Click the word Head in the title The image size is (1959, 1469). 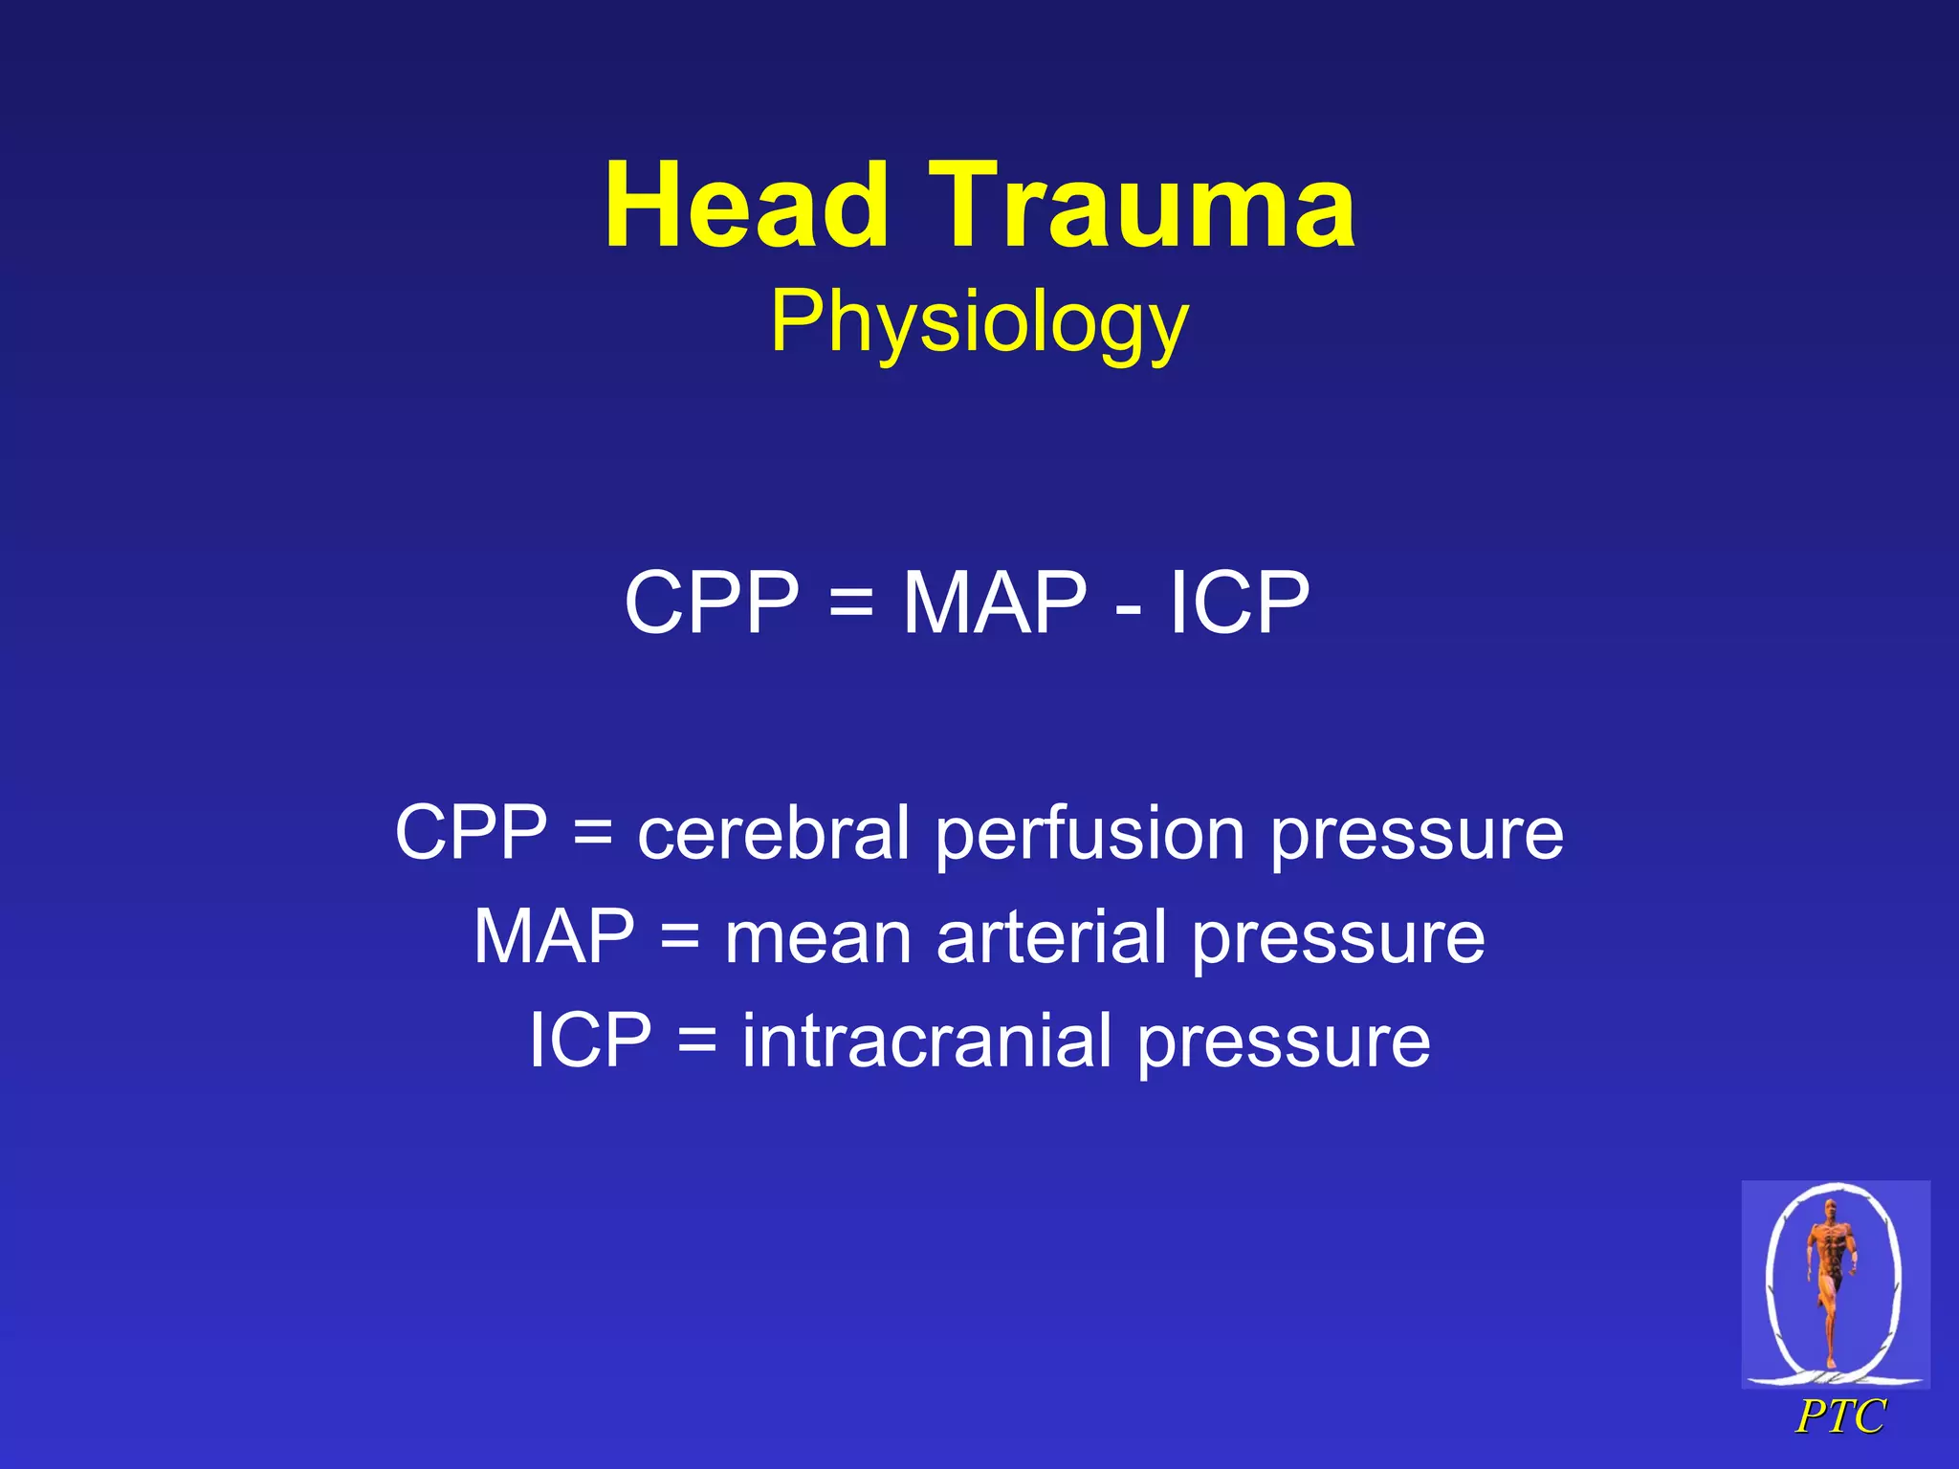pyautogui.click(x=747, y=206)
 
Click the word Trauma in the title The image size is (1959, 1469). pyautogui.click(x=1143, y=206)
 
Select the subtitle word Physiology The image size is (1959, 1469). pyautogui.click(x=979, y=323)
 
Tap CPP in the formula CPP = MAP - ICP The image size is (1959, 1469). pyautogui.click(x=712, y=603)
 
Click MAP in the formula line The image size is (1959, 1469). pyautogui.click(x=995, y=603)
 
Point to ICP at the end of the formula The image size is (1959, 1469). pyautogui.click(x=1239, y=603)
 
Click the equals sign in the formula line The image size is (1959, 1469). pyautogui.click(x=850, y=604)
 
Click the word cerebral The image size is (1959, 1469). pyautogui.click(x=774, y=833)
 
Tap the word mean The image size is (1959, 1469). pyautogui.click(x=818, y=938)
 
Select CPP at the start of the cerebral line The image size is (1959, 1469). pyautogui.click(x=472, y=833)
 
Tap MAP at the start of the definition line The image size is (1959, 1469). pyautogui.click(x=555, y=936)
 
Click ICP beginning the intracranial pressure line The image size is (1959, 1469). pyautogui.click(x=590, y=1041)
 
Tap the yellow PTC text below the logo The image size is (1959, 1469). pyautogui.click(x=1840, y=1417)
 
